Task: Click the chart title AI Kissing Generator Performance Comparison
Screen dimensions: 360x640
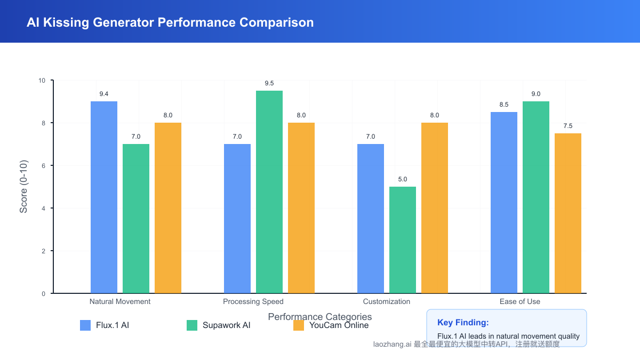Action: (170, 22)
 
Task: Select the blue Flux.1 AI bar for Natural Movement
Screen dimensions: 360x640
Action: (104, 197)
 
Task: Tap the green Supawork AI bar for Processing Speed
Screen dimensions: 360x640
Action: (269, 192)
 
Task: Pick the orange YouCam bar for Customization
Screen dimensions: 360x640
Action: (435, 208)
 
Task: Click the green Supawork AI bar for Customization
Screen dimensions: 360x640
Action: (403, 240)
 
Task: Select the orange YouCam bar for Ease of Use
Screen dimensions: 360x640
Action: (568, 213)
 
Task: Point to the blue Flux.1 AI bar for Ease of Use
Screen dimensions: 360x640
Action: (504, 203)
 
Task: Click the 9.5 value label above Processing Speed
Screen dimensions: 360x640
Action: (269, 83)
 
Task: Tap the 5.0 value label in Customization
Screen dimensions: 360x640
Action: (403, 179)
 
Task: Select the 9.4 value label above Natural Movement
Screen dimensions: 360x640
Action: (104, 94)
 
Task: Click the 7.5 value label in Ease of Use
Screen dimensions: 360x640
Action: (568, 126)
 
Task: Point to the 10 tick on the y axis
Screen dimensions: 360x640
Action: (42, 81)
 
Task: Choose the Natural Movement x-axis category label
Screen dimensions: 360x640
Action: (120, 301)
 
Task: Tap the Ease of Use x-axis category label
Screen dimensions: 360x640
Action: (520, 301)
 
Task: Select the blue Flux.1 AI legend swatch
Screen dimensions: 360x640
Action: (85, 325)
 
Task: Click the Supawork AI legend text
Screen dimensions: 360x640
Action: (226, 325)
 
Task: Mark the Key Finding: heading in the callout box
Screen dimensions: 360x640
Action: (463, 322)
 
